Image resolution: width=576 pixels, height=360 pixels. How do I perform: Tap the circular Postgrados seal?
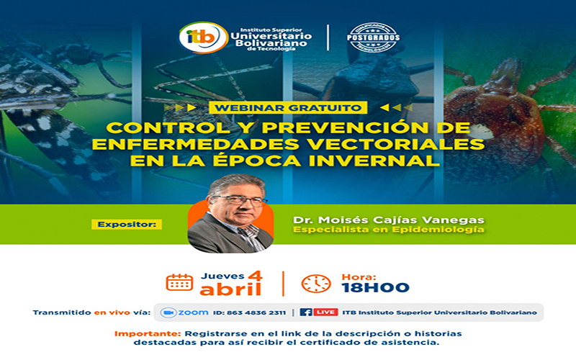[x=373, y=37]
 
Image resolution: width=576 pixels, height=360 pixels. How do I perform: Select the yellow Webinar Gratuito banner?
[x=287, y=107]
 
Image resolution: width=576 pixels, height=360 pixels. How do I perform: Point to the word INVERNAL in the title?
[x=390, y=161]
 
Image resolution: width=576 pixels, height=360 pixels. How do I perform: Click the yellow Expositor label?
[x=127, y=224]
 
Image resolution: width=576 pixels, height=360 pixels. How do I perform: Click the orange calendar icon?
[x=179, y=282]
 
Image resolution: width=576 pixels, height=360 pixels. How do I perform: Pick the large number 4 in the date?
[x=254, y=275]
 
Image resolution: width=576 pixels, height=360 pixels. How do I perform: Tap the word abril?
[x=230, y=289]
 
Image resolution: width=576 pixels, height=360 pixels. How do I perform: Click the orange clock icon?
[x=316, y=282]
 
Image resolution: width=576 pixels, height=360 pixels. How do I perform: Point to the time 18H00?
[x=375, y=287]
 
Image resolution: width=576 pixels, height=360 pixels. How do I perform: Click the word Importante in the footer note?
[x=148, y=333]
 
